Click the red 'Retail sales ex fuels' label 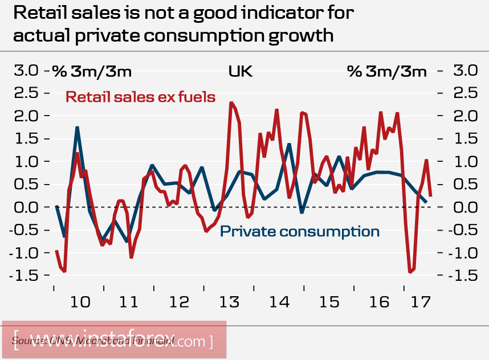(x=140, y=97)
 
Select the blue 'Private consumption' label (x=299, y=231)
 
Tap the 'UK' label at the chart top (x=240, y=71)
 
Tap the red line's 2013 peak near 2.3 (x=231, y=103)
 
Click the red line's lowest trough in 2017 (x=410, y=272)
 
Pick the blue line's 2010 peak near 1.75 (x=77, y=127)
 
